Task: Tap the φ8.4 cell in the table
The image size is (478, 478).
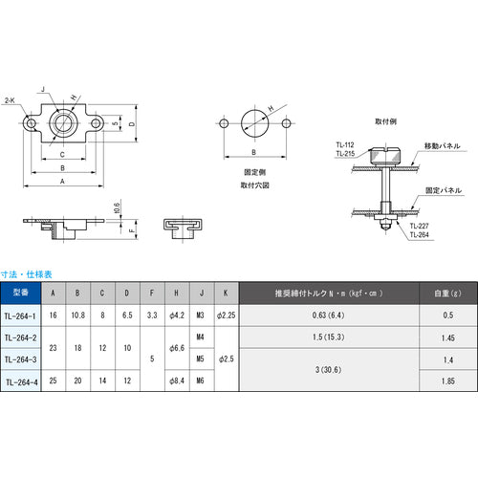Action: coord(175,380)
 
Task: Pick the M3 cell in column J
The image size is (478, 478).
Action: coord(200,315)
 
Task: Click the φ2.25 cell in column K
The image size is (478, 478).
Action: coord(224,315)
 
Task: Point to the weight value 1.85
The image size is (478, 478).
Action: coord(446,380)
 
